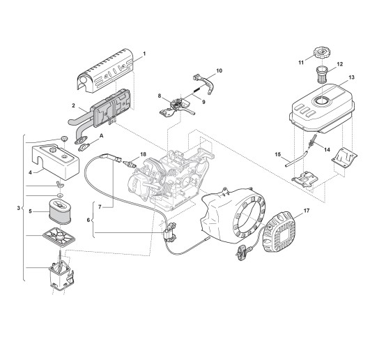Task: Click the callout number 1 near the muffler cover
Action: coord(144,54)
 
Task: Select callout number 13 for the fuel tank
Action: coord(352,77)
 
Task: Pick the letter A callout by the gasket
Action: coord(102,136)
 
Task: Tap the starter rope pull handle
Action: coord(242,250)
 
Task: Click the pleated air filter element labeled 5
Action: coord(60,211)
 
